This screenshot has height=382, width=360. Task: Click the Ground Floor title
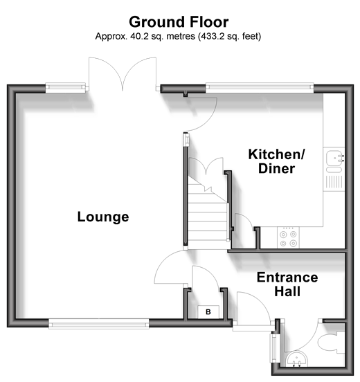(179, 22)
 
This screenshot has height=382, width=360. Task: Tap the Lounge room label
(103, 217)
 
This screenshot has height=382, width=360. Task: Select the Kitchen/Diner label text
(276, 161)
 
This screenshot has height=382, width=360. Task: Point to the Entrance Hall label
(287, 284)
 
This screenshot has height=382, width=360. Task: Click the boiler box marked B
(208, 312)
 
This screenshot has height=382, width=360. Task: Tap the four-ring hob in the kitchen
(288, 237)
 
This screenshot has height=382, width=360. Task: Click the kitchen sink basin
(334, 158)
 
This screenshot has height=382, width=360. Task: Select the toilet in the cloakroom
(331, 342)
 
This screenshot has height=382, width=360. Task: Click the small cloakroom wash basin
(296, 359)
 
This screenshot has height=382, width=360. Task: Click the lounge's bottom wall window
(99, 324)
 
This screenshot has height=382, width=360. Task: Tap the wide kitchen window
(260, 88)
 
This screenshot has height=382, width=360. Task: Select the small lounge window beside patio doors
(66, 88)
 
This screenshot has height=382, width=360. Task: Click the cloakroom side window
(274, 348)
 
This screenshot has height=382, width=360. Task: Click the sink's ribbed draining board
(334, 182)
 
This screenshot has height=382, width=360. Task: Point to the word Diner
(276, 168)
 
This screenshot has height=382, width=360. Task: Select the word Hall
(287, 291)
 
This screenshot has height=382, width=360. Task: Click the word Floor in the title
(209, 22)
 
